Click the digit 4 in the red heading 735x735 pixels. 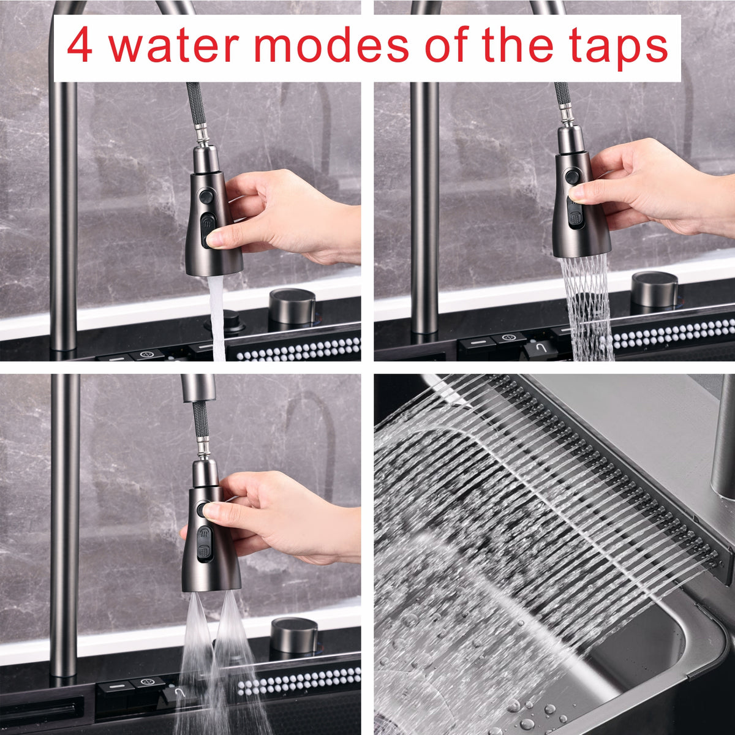pyautogui.click(x=80, y=45)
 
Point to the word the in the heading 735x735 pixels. pyautogui.click(x=517, y=44)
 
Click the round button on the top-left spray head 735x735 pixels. pyautogui.click(x=206, y=197)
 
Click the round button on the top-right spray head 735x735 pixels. pyautogui.click(x=572, y=176)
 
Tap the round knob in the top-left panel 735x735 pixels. pyautogui.click(x=292, y=306)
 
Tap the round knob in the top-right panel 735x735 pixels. pyautogui.click(x=655, y=290)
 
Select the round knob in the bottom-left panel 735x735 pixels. pyautogui.click(x=294, y=636)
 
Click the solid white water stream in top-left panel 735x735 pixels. pyautogui.click(x=217, y=318)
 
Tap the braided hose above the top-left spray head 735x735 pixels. pyautogui.click(x=197, y=107)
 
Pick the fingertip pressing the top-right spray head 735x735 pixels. pyautogui.click(x=576, y=194)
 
